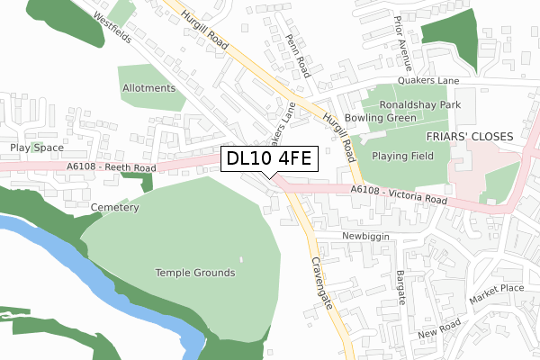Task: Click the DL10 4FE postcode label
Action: click(268, 159)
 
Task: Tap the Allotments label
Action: click(147, 88)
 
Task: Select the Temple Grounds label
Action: click(195, 273)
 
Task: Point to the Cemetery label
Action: click(114, 208)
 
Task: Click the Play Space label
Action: click(37, 147)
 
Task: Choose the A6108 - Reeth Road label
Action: click(110, 167)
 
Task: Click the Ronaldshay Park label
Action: click(420, 105)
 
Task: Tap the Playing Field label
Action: click(403, 156)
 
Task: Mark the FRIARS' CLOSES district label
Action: click(469, 136)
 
